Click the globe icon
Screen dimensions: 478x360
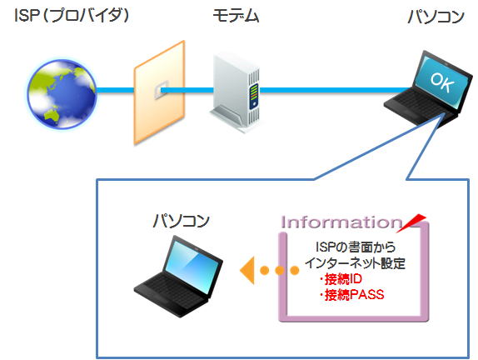tap(62, 93)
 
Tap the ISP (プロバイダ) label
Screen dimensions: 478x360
tap(72, 15)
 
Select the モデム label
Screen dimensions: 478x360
tap(236, 16)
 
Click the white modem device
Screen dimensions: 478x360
tap(235, 92)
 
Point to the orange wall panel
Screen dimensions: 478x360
tap(159, 92)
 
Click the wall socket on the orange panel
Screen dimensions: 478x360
tap(162, 90)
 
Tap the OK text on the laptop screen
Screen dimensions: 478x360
tap(442, 82)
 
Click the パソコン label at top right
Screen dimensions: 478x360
tap(436, 17)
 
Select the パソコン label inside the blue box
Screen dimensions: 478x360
tap(181, 221)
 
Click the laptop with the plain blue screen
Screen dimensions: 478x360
tap(179, 276)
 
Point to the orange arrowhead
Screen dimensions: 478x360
tap(247, 270)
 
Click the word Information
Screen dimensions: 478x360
tap(341, 222)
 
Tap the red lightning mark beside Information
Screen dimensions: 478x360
tap(411, 223)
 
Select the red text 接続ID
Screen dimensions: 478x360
tap(341, 279)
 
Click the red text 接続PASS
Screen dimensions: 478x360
tap(351, 295)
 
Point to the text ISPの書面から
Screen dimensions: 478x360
tap(356, 247)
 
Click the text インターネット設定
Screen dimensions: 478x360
tap(356, 263)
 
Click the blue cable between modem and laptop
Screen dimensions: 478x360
tap(336, 90)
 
